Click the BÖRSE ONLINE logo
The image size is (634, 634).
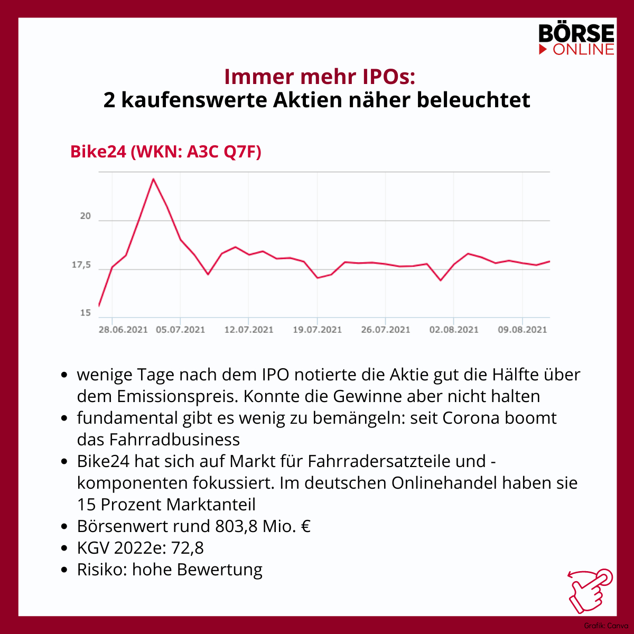click(x=576, y=39)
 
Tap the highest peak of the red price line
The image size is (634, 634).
click(x=153, y=179)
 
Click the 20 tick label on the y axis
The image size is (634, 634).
click(x=85, y=216)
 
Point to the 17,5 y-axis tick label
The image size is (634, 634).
click(x=81, y=265)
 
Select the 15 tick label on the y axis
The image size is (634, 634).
click(x=85, y=313)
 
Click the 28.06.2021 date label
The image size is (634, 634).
click(x=124, y=330)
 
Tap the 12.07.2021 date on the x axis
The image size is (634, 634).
click(x=249, y=330)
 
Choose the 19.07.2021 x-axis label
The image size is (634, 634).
click(x=317, y=330)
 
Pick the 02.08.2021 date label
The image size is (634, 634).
click(x=454, y=330)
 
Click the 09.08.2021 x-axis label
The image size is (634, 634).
click(x=522, y=330)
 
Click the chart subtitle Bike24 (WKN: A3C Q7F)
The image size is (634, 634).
click(x=166, y=152)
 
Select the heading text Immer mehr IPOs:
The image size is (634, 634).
click(x=320, y=77)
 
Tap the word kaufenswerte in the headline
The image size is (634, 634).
click(x=194, y=100)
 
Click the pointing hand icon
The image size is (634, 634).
click(x=590, y=591)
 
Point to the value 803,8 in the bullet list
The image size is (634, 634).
click(x=236, y=526)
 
